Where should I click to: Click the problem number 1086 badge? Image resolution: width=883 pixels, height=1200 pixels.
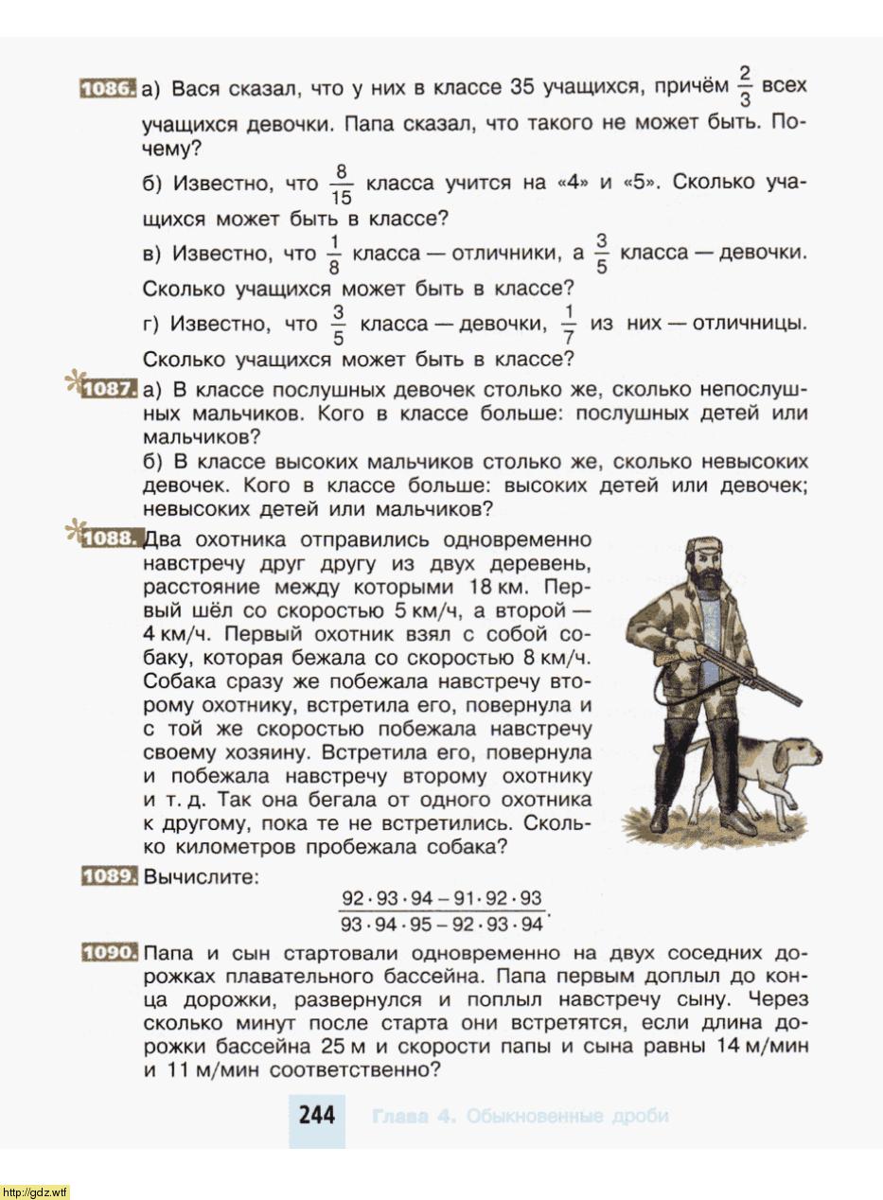[x=108, y=89]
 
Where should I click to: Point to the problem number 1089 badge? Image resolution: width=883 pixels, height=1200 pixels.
[x=110, y=876]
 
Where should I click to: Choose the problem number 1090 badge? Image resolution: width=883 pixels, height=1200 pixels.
[x=110, y=952]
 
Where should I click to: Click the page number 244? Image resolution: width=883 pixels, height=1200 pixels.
[x=316, y=1115]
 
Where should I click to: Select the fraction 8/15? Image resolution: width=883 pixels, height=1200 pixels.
[x=342, y=184]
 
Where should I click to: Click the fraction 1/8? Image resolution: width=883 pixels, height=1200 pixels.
[x=333, y=255]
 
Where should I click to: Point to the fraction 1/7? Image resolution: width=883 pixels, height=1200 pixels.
[x=569, y=325]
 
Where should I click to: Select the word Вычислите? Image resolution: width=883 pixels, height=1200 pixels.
[x=200, y=876]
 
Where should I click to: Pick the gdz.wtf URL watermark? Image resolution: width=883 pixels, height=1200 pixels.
[x=36, y=1191]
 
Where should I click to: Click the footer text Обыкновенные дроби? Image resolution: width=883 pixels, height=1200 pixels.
[x=567, y=1116]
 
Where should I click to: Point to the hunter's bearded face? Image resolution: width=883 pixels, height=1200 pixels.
[x=706, y=569]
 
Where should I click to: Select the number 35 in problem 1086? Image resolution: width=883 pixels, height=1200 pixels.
[x=522, y=88]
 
